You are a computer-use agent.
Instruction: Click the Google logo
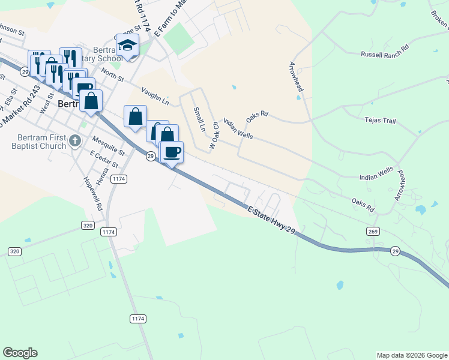coord(20,353)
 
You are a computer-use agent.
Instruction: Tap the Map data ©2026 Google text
coord(412,355)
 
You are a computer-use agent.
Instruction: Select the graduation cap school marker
coord(127,46)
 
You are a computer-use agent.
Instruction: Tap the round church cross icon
coord(74,141)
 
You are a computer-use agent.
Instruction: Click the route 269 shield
coord(372,231)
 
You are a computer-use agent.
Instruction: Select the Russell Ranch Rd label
coord(385,54)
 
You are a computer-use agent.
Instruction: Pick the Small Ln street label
coord(199,119)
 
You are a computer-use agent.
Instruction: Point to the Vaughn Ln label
coord(155,94)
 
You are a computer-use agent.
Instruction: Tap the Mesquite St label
coord(109,145)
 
